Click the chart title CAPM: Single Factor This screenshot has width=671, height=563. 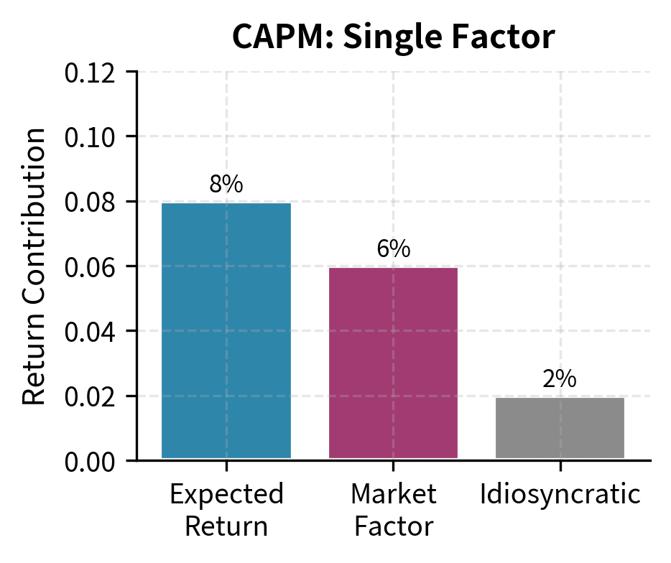click(393, 38)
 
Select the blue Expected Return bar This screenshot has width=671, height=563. click(226, 330)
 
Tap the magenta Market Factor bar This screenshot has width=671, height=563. click(393, 363)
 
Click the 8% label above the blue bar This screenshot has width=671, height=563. click(226, 185)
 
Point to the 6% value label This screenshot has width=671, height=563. click(393, 249)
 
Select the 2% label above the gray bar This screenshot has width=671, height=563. click(560, 379)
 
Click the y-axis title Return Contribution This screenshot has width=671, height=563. click(34, 266)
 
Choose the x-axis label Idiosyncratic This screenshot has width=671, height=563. click(560, 495)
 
